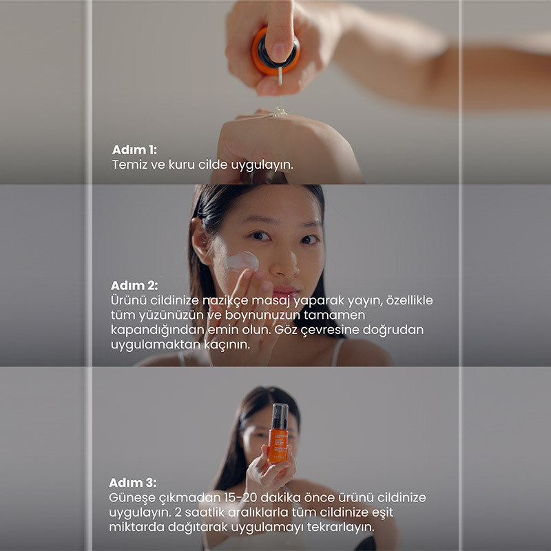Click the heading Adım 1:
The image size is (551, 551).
coord(134,149)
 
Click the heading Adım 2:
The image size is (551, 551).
coord(134,285)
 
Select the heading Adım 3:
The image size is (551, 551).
coord(133,483)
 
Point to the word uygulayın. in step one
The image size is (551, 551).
coord(262,165)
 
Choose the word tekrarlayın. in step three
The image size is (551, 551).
coord(340,527)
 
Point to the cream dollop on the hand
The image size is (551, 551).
coord(279,112)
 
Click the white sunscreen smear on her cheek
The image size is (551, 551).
coord(242,261)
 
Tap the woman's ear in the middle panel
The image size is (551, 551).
coord(200,240)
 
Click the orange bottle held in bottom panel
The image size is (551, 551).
coord(279,433)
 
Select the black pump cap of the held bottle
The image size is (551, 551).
coord(280,417)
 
